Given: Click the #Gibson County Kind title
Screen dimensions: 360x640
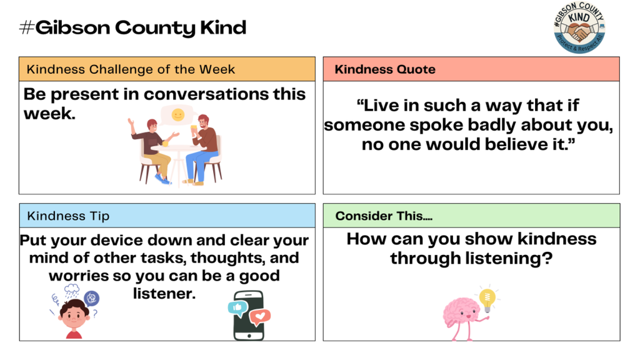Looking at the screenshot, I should coord(133,27).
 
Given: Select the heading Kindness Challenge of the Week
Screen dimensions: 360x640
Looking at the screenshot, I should coord(131,69).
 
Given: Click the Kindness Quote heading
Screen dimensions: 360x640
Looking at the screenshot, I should coord(385,69).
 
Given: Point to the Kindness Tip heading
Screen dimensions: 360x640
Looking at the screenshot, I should coord(68,216).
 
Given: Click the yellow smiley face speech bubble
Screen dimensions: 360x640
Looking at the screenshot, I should coord(178,115).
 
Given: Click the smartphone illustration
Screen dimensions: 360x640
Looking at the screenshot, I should coord(248,316).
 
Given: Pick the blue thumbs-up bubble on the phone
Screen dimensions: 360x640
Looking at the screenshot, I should coord(237,306).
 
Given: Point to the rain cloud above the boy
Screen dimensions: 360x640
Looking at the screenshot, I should coord(72,290).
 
